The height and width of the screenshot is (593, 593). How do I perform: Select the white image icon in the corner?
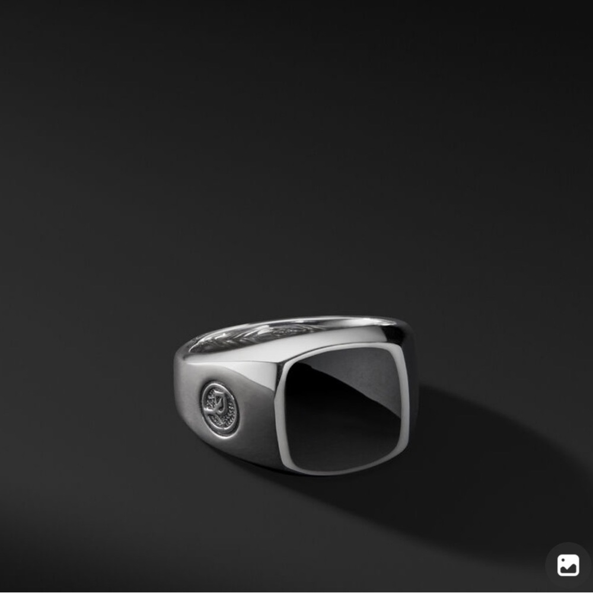pyautogui.click(x=568, y=565)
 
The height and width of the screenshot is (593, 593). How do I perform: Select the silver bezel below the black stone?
pyautogui.click(x=344, y=471)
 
